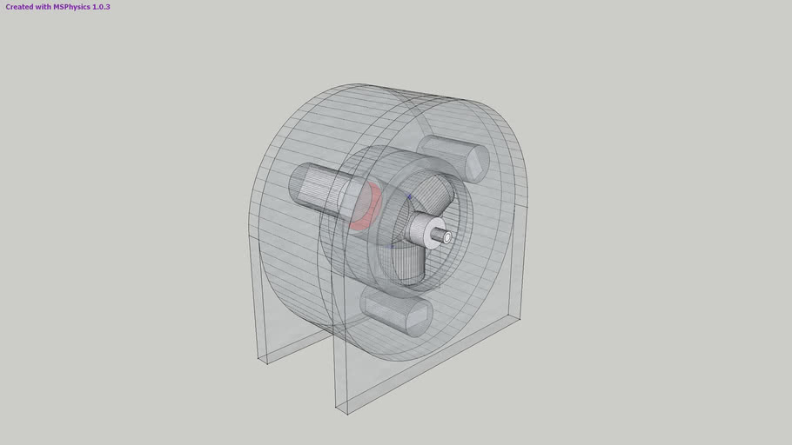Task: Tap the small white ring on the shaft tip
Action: pos(446,236)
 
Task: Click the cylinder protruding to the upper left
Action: pos(319,186)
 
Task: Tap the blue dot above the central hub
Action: pos(409,197)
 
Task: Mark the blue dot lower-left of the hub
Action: pos(392,245)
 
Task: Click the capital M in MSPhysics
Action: pos(57,7)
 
